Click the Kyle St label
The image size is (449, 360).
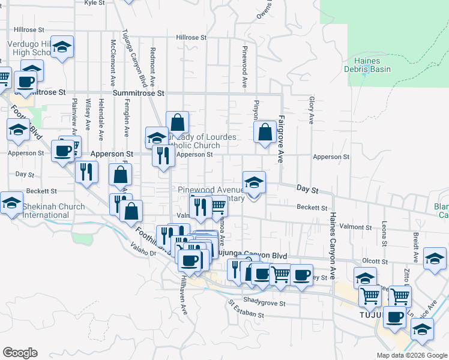(94, 2)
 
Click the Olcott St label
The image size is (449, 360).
(376, 262)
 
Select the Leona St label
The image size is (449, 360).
(384, 233)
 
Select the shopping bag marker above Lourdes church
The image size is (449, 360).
(178, 122)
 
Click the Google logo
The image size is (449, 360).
(20, 353)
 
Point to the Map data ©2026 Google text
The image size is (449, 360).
(411, 355)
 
